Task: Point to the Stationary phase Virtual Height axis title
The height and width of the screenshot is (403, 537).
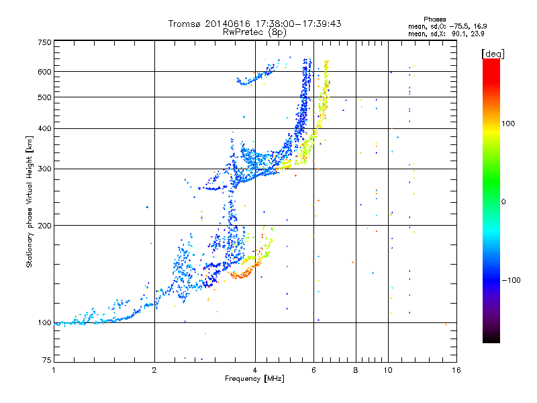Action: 30,201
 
